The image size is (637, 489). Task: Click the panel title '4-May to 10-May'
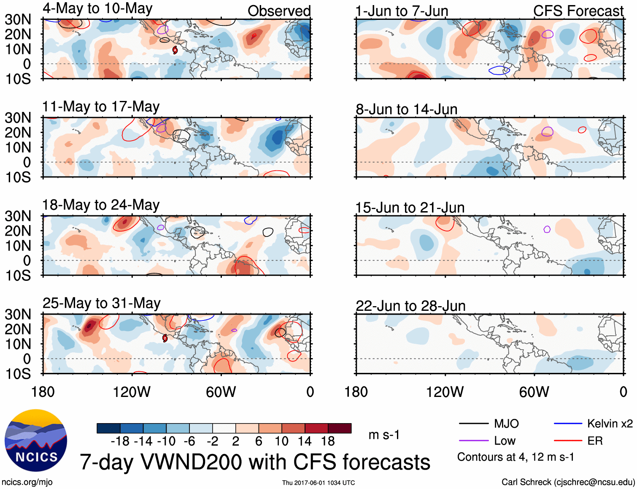tap(97, 9)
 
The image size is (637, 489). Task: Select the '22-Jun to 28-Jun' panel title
tap(410, 306)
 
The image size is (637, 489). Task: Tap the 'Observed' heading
tap(279, 11)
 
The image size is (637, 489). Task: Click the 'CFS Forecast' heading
tap(578, 11)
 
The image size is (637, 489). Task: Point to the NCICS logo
tap(36, 440)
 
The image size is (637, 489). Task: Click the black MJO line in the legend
tap(473, 424)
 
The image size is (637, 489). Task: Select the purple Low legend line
tap(473, 441)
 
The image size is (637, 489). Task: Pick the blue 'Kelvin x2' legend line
tap(568, 424)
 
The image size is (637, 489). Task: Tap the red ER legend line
tap(568, 441)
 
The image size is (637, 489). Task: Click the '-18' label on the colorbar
tap(120, 441)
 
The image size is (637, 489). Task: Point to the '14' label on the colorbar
tap(305, 441)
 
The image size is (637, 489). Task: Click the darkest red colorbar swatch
tap(340, 428)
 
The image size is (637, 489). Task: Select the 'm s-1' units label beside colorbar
tap(384, 435)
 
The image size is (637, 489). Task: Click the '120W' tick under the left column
tap(132, 392)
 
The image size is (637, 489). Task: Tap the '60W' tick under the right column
tap(534, 392)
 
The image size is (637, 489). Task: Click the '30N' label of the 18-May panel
tap(18, 216)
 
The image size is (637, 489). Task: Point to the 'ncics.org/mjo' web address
tap(27, 482)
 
